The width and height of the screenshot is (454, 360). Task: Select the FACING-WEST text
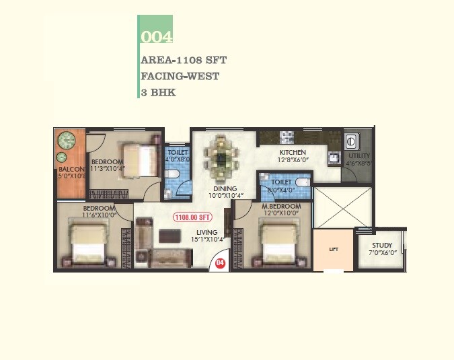click(x=180, y=76)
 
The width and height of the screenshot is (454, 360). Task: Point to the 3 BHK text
click(x=158, y=92)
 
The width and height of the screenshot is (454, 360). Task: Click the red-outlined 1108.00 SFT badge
click(x=193, y=217)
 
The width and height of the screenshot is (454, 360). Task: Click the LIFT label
click(x=334, y=249)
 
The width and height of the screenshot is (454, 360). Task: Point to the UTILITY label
click(x=358, y=155)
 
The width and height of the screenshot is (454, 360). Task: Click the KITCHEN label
click(x=293, y=153)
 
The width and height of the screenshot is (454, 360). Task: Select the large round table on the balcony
click(x=67, y=141)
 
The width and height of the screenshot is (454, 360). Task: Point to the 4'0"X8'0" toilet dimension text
click(x=178, y=160)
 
